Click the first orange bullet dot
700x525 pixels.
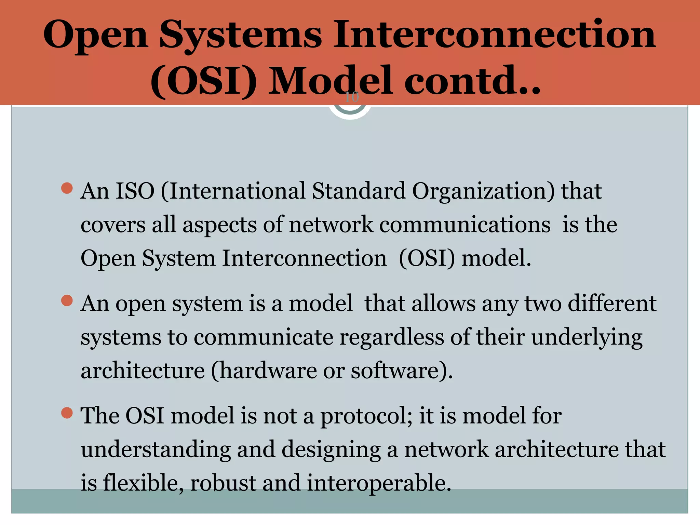[67, 188]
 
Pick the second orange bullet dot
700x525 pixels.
[67, 301]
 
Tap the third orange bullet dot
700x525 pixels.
[67, 413]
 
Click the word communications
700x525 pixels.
[465, 225]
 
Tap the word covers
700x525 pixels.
[113, 225]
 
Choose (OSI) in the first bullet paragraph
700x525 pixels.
[427, 258]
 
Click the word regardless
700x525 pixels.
[391, 338]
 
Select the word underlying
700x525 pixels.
[587, 338]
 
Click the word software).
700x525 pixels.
[402, 371]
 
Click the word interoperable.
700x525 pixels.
[379, 483]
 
